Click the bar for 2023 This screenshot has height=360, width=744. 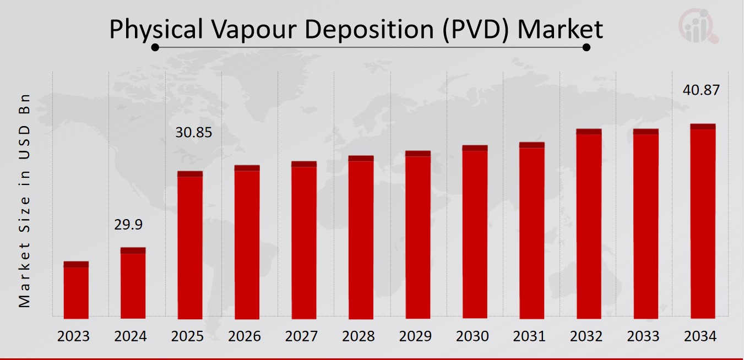[x=76, y=291]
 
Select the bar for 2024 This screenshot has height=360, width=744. [x=133, y=283]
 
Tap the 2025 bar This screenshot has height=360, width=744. [x=190, y=246]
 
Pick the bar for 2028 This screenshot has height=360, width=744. [x=361, y=238]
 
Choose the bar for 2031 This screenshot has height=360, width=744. [x=531, y=231]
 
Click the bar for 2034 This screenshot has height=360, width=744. [x=703, y=222]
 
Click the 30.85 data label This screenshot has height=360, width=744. [x=193, y=133]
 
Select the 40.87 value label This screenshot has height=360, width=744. [x=700, y=90]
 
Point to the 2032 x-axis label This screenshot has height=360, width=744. [x=586, y=336]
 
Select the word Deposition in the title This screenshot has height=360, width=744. [x=372, y=29]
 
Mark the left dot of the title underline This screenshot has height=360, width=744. [x=155, y=47]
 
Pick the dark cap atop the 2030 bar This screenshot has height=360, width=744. [x=475, y=148]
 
